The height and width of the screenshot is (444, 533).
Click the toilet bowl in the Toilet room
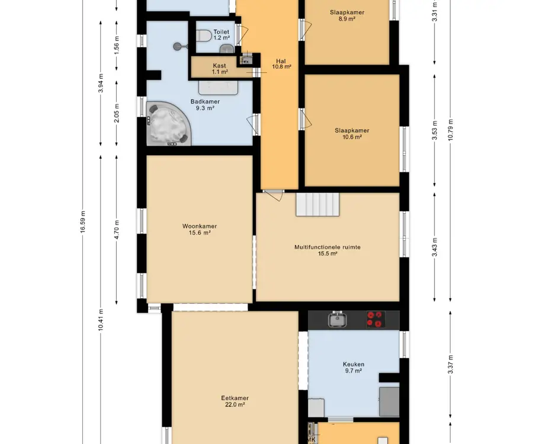coord(204,36)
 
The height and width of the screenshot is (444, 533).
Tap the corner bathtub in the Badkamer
coord(166,124)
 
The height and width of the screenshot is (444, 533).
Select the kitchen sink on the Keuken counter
coord(337,319)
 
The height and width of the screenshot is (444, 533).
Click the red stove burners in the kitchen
coord(375,319)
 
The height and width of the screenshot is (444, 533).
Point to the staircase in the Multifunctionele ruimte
coord(317,204)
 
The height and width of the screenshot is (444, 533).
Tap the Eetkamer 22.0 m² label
coord(235,401)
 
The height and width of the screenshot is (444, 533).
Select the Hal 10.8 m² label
coord(281,64)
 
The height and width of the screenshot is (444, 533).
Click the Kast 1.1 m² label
coord(220,69)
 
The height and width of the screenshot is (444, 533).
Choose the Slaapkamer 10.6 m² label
coord(352,134)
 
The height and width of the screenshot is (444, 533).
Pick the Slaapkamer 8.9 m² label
coord(346,15)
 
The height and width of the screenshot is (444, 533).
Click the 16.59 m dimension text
coord(83,222)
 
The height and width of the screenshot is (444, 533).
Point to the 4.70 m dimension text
coord(117,230)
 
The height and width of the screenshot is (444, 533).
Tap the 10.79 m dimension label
coord(451,130)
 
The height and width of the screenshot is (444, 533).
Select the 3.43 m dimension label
coord(435,247)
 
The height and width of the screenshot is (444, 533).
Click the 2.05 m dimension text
coord(117,113)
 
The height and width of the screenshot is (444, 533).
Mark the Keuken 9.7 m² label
coord(354,368)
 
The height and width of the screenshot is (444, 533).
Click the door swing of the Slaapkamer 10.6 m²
coord(306,119)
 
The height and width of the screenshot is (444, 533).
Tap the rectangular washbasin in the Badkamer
coord(218,88)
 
